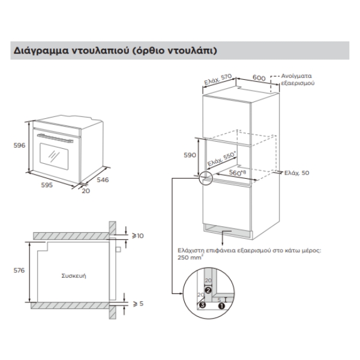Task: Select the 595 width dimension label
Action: coord(47,185)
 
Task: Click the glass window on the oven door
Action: coord(56,155)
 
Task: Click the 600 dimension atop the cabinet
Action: coord(259,78)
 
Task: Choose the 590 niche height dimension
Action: coord(189,155)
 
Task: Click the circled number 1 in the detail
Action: coord(223,305)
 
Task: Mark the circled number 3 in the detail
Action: coord(202,305)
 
